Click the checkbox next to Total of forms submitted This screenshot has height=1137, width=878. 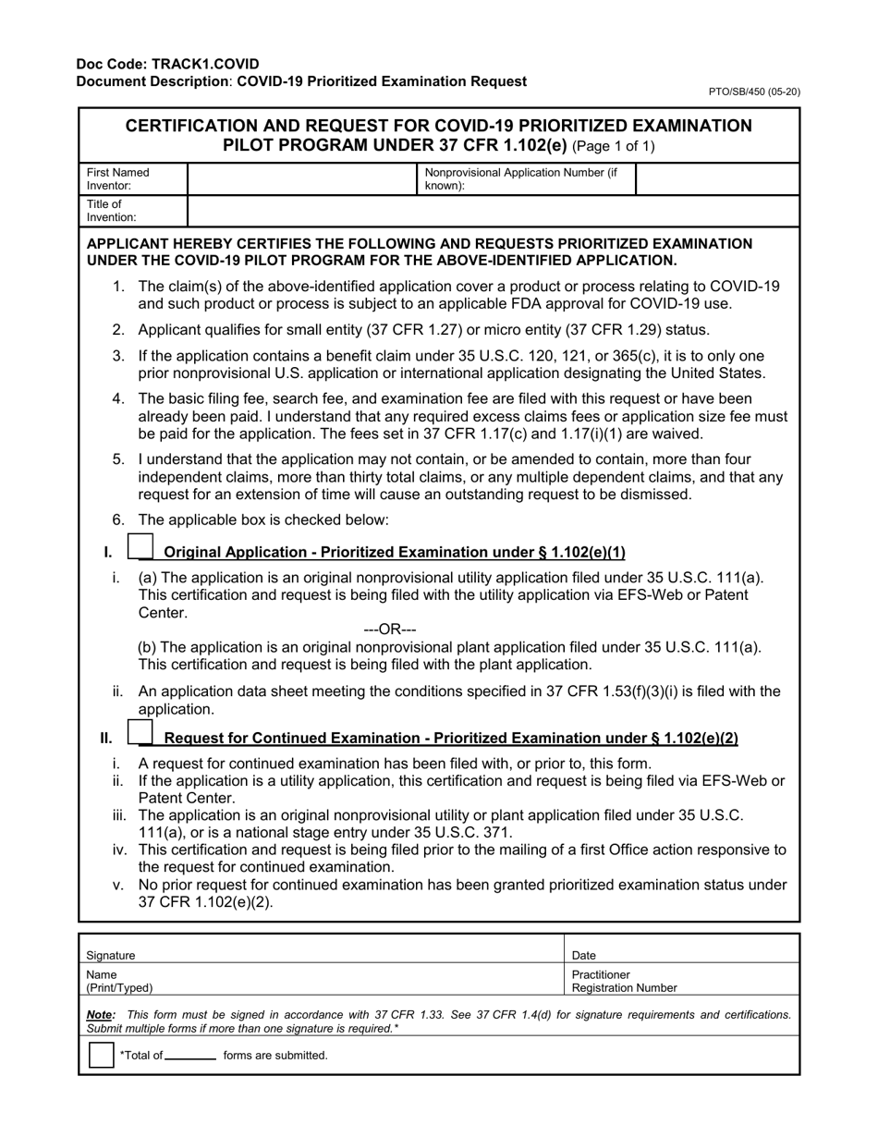tap(101, 1055)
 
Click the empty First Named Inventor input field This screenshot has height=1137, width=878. tap(302, 179)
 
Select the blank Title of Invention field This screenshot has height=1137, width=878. tap(493, 211)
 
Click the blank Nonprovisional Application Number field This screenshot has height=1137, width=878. tap(717, 179)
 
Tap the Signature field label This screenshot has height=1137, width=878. tap(111, 955)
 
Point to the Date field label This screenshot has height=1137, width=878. tap(584, 955)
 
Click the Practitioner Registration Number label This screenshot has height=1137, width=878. tap(624, 981)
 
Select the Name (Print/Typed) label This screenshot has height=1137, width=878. tap(119, 981)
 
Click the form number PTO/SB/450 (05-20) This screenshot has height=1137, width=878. tap(754, 92)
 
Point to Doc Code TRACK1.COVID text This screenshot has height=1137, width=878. tap(168, 65)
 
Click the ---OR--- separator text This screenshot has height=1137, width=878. tap(390, 630)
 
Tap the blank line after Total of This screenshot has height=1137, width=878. tap(191, 1056)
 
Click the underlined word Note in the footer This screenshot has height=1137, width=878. tap(100, 1014)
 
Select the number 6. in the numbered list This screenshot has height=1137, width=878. tap(118, 520)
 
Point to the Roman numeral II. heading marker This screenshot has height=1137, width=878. tap(106, 738)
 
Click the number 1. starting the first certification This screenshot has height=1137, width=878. tap(118, 287)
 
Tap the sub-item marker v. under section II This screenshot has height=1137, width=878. tap(117, 885)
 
